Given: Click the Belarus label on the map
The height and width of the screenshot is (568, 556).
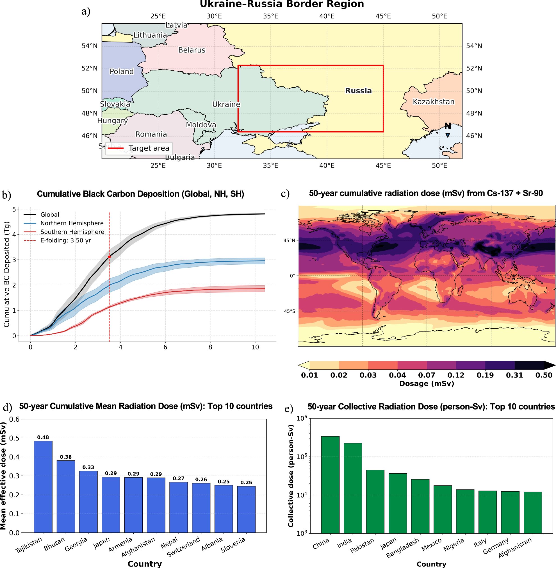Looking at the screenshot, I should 192,50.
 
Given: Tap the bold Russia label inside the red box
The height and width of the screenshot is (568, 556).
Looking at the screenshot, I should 358,90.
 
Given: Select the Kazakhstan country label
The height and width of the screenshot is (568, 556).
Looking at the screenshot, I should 433,102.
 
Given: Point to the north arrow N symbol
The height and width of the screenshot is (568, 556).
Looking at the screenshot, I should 447,126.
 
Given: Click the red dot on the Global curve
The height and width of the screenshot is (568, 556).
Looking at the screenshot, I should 109,257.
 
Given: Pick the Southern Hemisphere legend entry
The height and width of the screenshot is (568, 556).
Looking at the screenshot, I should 72,232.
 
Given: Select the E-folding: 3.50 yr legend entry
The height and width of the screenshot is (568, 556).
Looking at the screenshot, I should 66,240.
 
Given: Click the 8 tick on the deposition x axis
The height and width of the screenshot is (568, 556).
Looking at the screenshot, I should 210,347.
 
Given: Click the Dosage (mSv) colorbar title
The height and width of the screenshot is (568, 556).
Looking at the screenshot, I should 426,384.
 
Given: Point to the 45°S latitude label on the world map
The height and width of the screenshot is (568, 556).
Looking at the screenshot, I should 290,311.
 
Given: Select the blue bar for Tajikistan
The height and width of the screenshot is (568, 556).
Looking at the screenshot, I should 43,487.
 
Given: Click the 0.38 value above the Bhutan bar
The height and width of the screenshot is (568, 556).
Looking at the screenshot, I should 66,457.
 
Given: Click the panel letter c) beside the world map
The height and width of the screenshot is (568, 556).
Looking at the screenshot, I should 285,194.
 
